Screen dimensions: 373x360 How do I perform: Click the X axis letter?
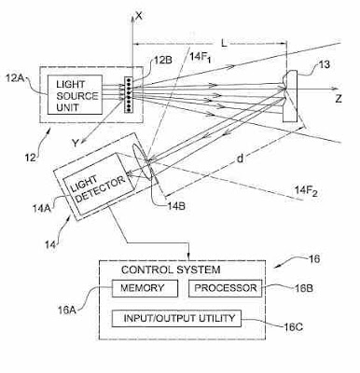[x=138, y=16]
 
